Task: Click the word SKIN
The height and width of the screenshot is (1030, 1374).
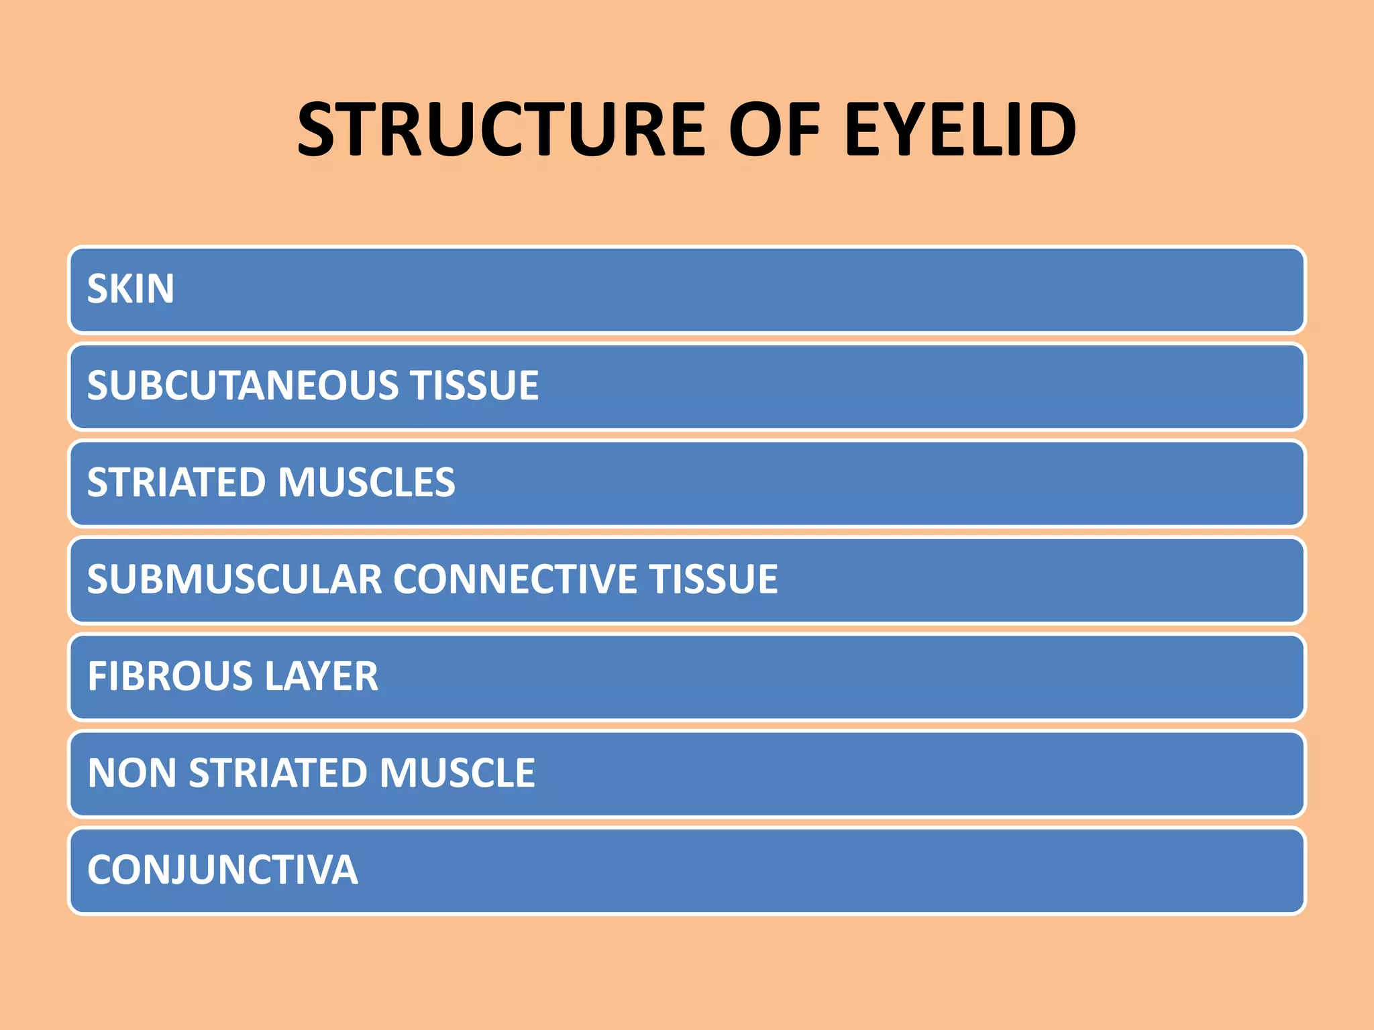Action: click(131, 289)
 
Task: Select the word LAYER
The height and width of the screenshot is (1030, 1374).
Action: click(321, 676)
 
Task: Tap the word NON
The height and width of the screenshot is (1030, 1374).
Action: click(132, 772)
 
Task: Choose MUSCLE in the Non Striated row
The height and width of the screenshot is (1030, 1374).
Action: click(457, 772)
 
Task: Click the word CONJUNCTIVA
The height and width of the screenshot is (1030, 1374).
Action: click(223, 870)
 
